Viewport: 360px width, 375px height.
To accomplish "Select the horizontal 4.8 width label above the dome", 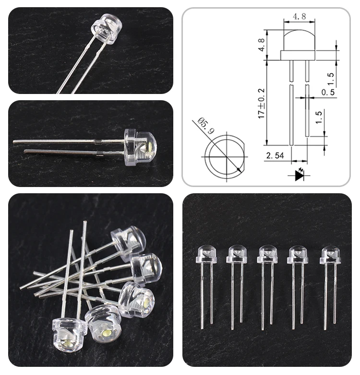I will (x=299, y=16).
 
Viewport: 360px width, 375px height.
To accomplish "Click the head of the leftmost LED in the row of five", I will (x=206, y=254).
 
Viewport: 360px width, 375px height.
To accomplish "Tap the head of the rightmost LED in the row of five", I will (x=330, y=254).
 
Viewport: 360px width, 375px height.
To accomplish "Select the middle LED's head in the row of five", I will (x=267, y=254).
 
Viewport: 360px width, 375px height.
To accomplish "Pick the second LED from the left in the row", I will (x=237, y=254).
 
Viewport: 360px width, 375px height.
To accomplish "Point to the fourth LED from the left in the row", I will (x=298, y=254).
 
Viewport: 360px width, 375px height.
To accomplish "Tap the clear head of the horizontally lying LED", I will (x=141, y=147).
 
